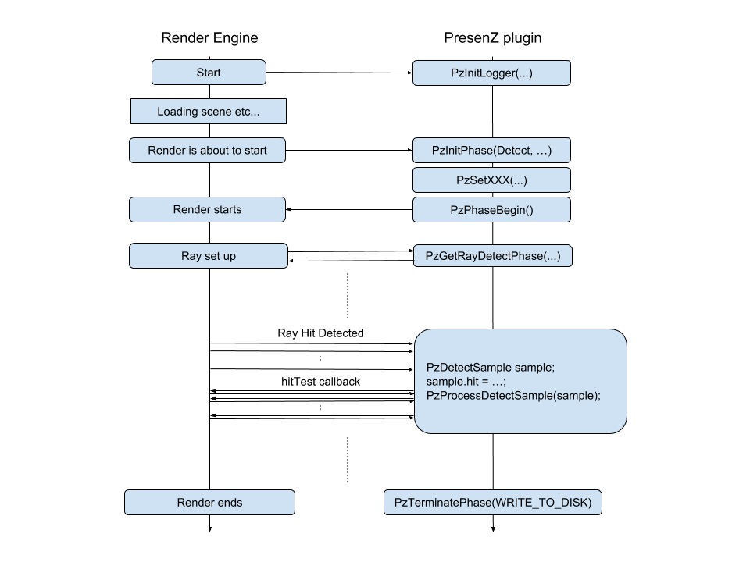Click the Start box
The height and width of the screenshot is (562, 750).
[x=209, y=73]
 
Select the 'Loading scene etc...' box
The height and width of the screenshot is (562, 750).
[x=209, y=112]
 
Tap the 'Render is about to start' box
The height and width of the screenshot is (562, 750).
[x=207, y=151]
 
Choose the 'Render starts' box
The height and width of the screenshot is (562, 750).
[x=207, y=209]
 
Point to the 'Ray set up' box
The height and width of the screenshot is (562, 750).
[x=208, y=256]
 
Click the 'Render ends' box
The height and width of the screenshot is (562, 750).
[x=209, y=503]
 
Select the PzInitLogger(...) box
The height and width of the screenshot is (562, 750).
[x=491, y=73]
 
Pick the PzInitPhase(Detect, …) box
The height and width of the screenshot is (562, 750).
[x=491, y=151]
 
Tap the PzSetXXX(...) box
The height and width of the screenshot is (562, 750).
[x=491, y=180]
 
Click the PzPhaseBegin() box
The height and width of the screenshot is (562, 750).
[x=491, y=210]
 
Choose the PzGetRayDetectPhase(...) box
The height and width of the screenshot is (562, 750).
[x=492, y=256]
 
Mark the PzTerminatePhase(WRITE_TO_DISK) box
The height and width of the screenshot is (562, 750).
[x=492, y=503]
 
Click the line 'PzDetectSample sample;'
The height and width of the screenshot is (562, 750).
[x=491, y=368]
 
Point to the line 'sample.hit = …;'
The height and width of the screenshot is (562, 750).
[x=466, y=382]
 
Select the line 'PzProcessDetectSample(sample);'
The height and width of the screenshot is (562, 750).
[x=513, y=396]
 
